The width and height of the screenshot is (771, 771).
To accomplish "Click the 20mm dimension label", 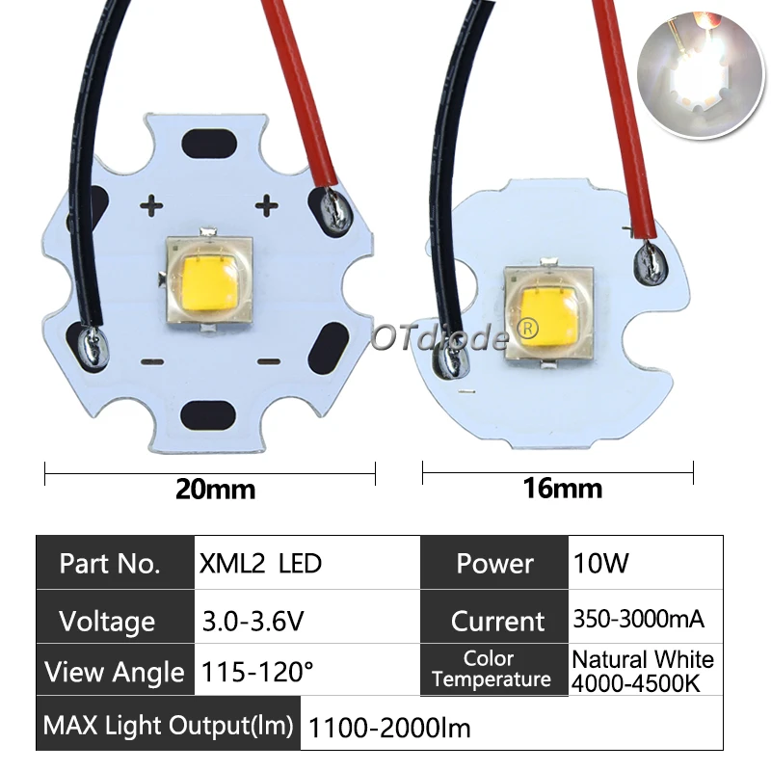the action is [x=215, y=489].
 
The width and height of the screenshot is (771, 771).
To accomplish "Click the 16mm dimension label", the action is [x=562, y=489].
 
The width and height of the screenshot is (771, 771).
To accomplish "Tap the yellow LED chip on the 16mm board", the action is [x=546, y=313].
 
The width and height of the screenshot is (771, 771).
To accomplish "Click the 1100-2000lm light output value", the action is [x=389, y=728].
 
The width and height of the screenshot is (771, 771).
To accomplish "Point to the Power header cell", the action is [x=494, y=563].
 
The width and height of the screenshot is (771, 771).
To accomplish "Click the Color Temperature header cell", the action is [x=492, y=670].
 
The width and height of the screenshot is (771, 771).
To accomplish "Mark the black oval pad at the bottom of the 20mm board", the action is [x=218, y=414].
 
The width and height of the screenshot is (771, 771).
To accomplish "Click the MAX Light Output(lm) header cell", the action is [x=169, y=726].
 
